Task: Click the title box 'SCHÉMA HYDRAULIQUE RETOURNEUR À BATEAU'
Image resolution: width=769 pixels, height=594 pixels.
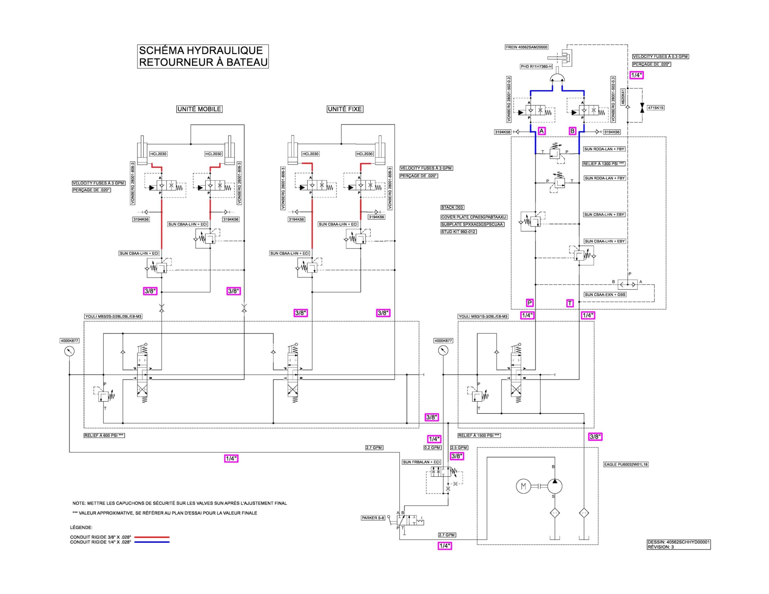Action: tap(203, 56)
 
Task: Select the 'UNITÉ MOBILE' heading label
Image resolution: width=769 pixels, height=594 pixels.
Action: tap(199, 109)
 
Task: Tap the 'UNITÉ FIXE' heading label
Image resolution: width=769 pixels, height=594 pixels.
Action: tap(345, 109)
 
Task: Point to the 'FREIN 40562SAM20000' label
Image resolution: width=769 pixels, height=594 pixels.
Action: tap(527, 47)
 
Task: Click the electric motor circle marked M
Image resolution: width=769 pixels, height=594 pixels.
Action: tap(523, 486)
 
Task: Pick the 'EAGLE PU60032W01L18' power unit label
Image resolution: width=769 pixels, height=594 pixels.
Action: tap(626, 465)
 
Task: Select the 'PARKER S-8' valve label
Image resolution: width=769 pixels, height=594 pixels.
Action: tap(373, 518)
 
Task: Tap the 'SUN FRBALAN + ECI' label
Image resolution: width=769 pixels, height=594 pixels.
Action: tap(422, 462)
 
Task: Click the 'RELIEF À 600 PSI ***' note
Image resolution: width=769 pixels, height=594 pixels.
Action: tap(104, 435)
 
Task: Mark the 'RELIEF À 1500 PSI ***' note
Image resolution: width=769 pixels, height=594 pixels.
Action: tap(479, 435)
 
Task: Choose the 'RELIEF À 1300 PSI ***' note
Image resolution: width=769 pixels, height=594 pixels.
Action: tap(604, 164)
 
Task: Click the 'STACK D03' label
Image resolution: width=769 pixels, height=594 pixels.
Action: tap(452, 208)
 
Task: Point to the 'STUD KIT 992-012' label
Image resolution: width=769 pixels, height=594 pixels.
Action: tap(458, 232)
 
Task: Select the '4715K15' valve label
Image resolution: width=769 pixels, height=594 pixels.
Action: tap(655, 108)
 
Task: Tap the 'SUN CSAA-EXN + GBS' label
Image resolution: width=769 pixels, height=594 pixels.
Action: tap(605, 295)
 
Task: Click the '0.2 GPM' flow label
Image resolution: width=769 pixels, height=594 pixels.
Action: tap(432, 448)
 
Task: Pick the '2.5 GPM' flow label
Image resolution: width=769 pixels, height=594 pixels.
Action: tap(459, 448)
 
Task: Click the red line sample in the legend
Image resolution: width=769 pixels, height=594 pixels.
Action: tap(152, 537)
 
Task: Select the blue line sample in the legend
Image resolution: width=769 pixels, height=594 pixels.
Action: tap(152, 542)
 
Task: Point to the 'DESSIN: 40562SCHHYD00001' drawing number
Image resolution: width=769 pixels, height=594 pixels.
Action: tap(679, 542)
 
